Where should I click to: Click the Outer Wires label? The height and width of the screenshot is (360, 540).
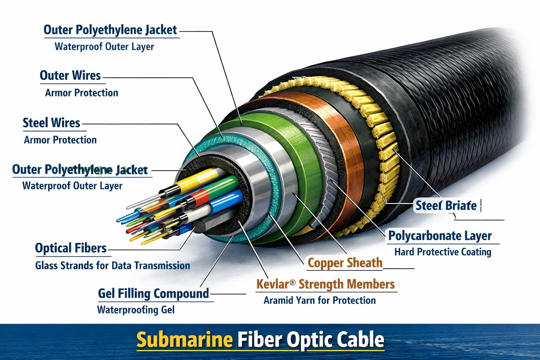click(70, 76)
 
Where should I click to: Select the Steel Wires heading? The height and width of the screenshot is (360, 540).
click(51, 123)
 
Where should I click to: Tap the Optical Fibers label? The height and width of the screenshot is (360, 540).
click(71, 248)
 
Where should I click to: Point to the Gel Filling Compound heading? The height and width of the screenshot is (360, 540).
click(153, 293)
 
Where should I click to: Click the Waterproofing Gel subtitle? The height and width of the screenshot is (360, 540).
click(136, 310)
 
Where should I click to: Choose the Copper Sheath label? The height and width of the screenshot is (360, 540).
click(345, 263)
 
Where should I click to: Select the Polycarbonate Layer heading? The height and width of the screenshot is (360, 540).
click(440, 236)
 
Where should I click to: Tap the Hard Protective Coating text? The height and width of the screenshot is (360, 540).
click(443, 252)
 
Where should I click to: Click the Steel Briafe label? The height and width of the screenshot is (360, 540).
click(446, 205)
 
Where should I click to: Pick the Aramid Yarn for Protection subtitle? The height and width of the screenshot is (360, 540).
click(320, 300)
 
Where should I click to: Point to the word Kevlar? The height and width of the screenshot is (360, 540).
click(272, 284)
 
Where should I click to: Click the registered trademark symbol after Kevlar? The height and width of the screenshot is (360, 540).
click(292, 282)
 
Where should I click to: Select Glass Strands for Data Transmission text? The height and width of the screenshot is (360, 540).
click(112, 265)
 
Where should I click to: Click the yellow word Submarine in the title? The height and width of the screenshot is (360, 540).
click(185, 340)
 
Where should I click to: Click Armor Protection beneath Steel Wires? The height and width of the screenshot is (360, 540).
click(60, 140)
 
